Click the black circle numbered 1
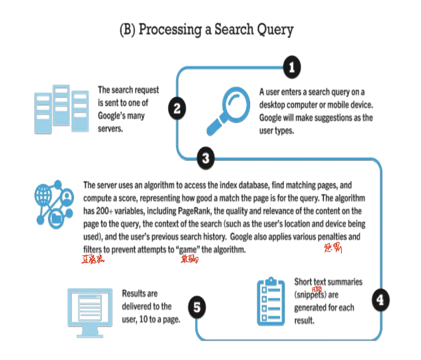pos(291,67)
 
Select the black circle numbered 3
pos(205,157)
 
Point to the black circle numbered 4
pos(380,299)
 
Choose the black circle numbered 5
pos(196,307)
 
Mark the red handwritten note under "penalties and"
pos(333,248)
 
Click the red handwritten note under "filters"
pos(93,259)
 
